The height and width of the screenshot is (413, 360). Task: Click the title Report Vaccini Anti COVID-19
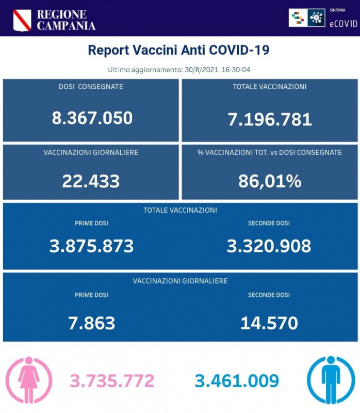(x=178, y=50)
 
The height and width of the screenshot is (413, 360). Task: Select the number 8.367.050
(x=92, y=118)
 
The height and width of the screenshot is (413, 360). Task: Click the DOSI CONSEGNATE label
(x=91, y=87)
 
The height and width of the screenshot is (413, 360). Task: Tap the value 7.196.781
(x=270, y=119)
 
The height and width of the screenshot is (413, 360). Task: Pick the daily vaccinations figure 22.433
(x=91, y=181)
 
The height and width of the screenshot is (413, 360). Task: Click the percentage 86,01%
(x=270, y=181)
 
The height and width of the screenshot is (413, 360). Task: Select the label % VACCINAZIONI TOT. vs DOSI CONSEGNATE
(x=269, y=152)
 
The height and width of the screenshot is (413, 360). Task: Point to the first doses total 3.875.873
(x=91, y=246)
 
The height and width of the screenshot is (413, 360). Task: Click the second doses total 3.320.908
(x=269, y=246)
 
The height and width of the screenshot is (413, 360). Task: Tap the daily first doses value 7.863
(x=91, y=323)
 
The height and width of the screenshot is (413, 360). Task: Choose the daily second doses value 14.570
(x=269, y=323)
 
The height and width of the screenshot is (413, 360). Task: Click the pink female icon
(x=28, y=380)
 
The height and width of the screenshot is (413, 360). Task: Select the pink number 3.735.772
(x=112, y=381)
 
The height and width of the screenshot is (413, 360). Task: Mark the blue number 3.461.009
(x=237, y=381)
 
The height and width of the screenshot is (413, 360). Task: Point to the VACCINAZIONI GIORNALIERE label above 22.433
(x=91, y=152)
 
